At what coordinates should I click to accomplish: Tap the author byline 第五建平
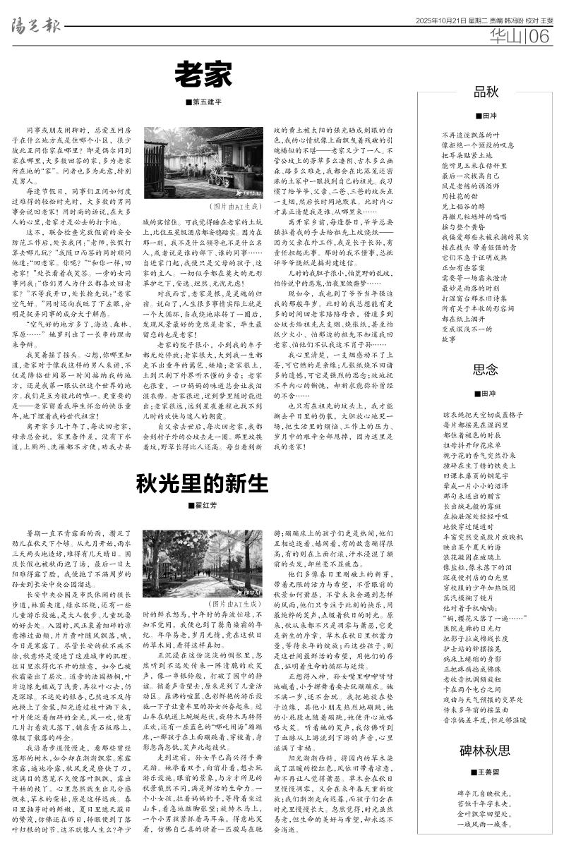pos(205,103)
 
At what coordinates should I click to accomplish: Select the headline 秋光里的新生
pos(203,483)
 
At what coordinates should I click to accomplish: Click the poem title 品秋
pos(486,92)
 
